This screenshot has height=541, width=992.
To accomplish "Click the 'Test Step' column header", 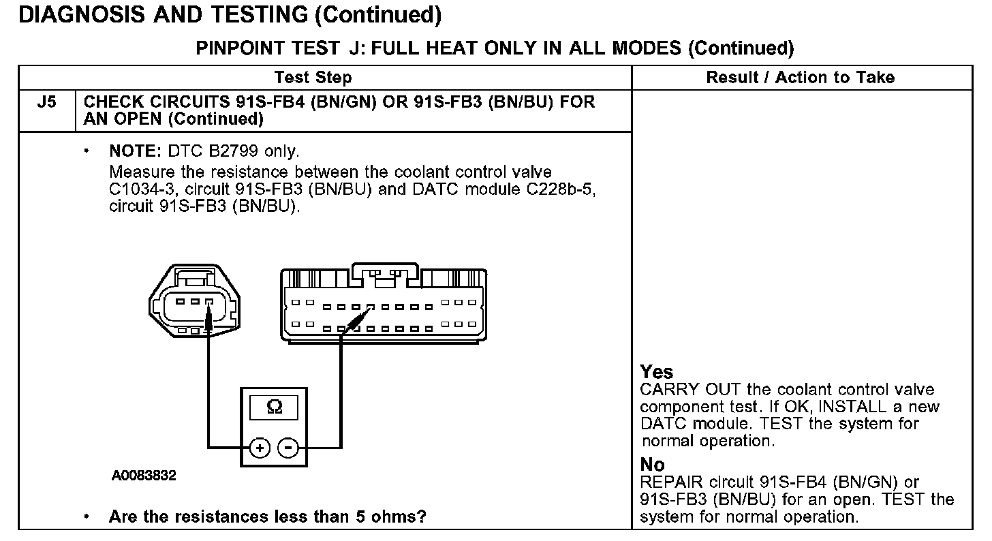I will click(313, 78).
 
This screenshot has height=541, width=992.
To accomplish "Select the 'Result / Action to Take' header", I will click(800, 78).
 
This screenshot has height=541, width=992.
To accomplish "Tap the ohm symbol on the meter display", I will click(274, 407).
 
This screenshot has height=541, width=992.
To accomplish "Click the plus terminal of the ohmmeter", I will click(259, 448).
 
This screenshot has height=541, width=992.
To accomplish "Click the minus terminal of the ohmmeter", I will click(289, 448).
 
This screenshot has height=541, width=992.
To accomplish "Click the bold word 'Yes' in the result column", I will click(656, 372).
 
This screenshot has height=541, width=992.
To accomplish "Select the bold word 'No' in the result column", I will click(652, 465).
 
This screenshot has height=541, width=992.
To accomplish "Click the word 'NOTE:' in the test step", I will click(134, 150).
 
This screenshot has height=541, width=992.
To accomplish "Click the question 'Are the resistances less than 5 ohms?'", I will click(267, 516).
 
